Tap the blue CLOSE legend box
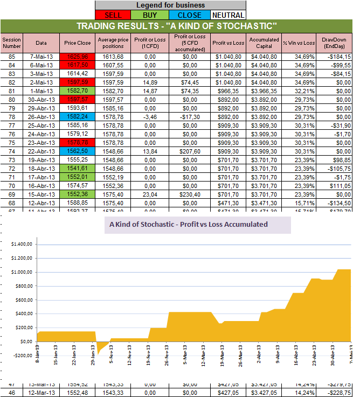click(190, 15)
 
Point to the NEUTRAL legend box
click(228, 15)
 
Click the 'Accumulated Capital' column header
click(264, 43)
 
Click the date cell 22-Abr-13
click(41, 152)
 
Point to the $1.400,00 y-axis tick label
click(22, 244)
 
